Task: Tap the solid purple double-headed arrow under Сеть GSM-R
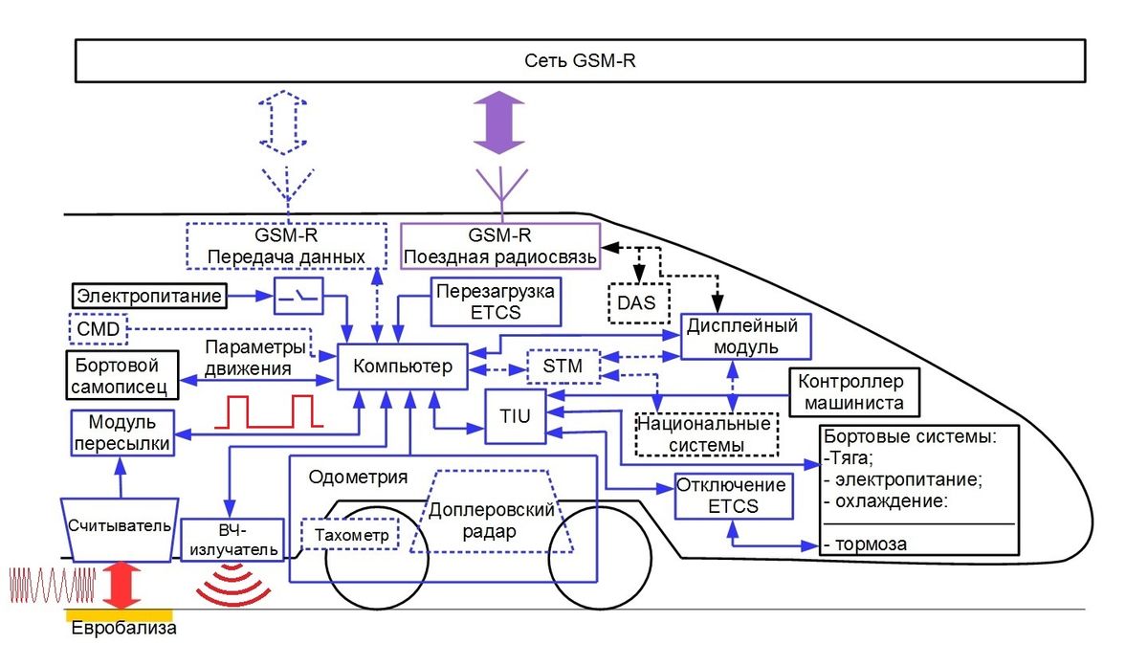498,122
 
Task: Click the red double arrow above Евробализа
121,585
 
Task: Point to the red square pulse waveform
269,411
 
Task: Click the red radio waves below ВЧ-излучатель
233,585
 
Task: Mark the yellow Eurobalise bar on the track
119,615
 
